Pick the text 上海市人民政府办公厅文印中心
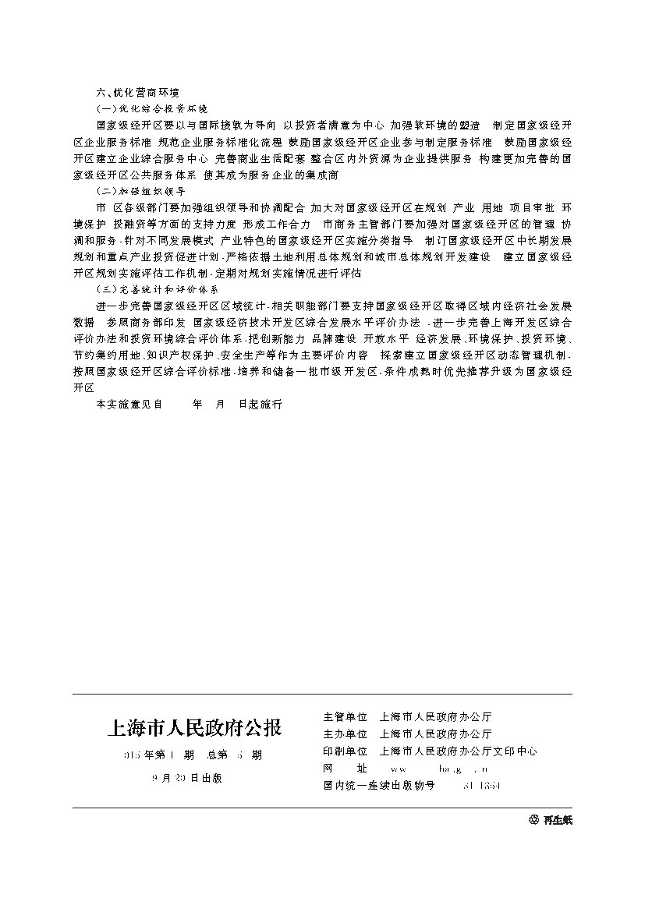click(458, 751)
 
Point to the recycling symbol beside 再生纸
click(533, 820)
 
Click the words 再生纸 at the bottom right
click(558, 820)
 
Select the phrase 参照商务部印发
click(146, 322)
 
